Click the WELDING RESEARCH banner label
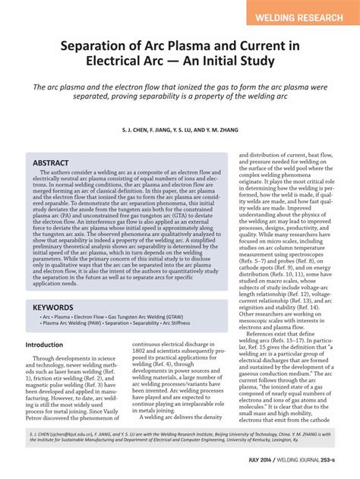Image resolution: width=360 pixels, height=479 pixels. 302,16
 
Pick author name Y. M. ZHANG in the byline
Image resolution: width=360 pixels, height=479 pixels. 220,131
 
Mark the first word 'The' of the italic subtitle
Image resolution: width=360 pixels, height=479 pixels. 41,87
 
